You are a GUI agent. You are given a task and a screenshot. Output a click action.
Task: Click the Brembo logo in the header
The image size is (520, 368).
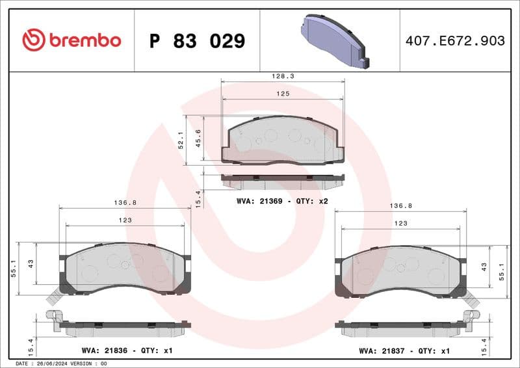tap(71, 40)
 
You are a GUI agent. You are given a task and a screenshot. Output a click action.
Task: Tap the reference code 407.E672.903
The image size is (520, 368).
tap(454, 41)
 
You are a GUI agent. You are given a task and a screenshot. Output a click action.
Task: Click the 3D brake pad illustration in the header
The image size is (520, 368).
tap(334, 40)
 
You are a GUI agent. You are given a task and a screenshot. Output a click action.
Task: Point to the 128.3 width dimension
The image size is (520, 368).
tap(283, 76)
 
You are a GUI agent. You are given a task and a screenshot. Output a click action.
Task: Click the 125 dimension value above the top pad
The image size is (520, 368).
tap(283, 94)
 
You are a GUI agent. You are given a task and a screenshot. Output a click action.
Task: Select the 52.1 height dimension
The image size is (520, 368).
tap(181, 139)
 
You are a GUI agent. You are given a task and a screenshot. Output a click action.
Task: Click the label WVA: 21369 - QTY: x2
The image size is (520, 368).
tap(282, 201)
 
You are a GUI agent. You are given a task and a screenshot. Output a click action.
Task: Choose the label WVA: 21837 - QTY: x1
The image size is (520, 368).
tap(404, 350)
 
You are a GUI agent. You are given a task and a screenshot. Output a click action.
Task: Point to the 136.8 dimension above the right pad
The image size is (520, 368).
tap(401, 205)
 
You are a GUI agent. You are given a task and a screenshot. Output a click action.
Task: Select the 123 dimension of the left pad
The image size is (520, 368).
tap(125, 220)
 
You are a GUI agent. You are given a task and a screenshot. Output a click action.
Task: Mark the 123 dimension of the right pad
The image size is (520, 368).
tap(401, 223)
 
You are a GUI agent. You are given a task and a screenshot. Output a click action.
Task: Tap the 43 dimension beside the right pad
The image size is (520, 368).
tap(484, 267)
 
